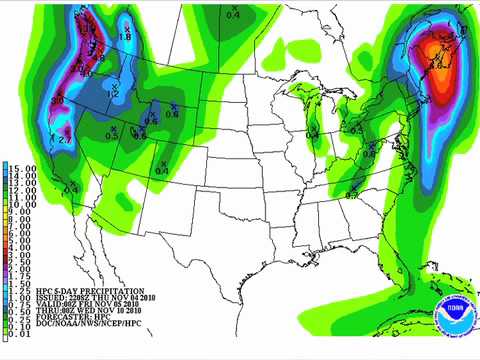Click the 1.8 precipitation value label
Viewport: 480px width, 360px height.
pos(126,37)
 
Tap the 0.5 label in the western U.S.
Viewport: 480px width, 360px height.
pos(112,134)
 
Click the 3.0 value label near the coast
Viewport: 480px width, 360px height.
pos(57,101)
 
